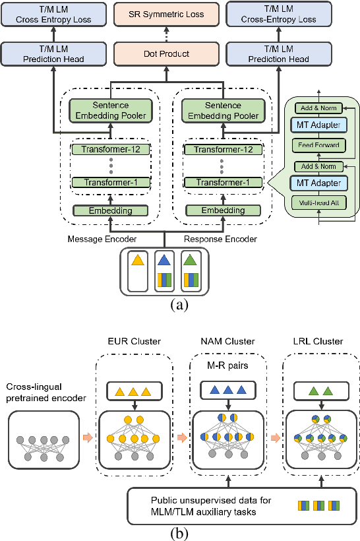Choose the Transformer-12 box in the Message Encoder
(x=111, y=150)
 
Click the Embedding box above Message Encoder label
(x=111, y=211)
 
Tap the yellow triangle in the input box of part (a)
(x=137, y=260)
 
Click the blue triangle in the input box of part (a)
(x=163, y=260)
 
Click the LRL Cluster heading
(x=318, y=341)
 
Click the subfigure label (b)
(x=179, y=530)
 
